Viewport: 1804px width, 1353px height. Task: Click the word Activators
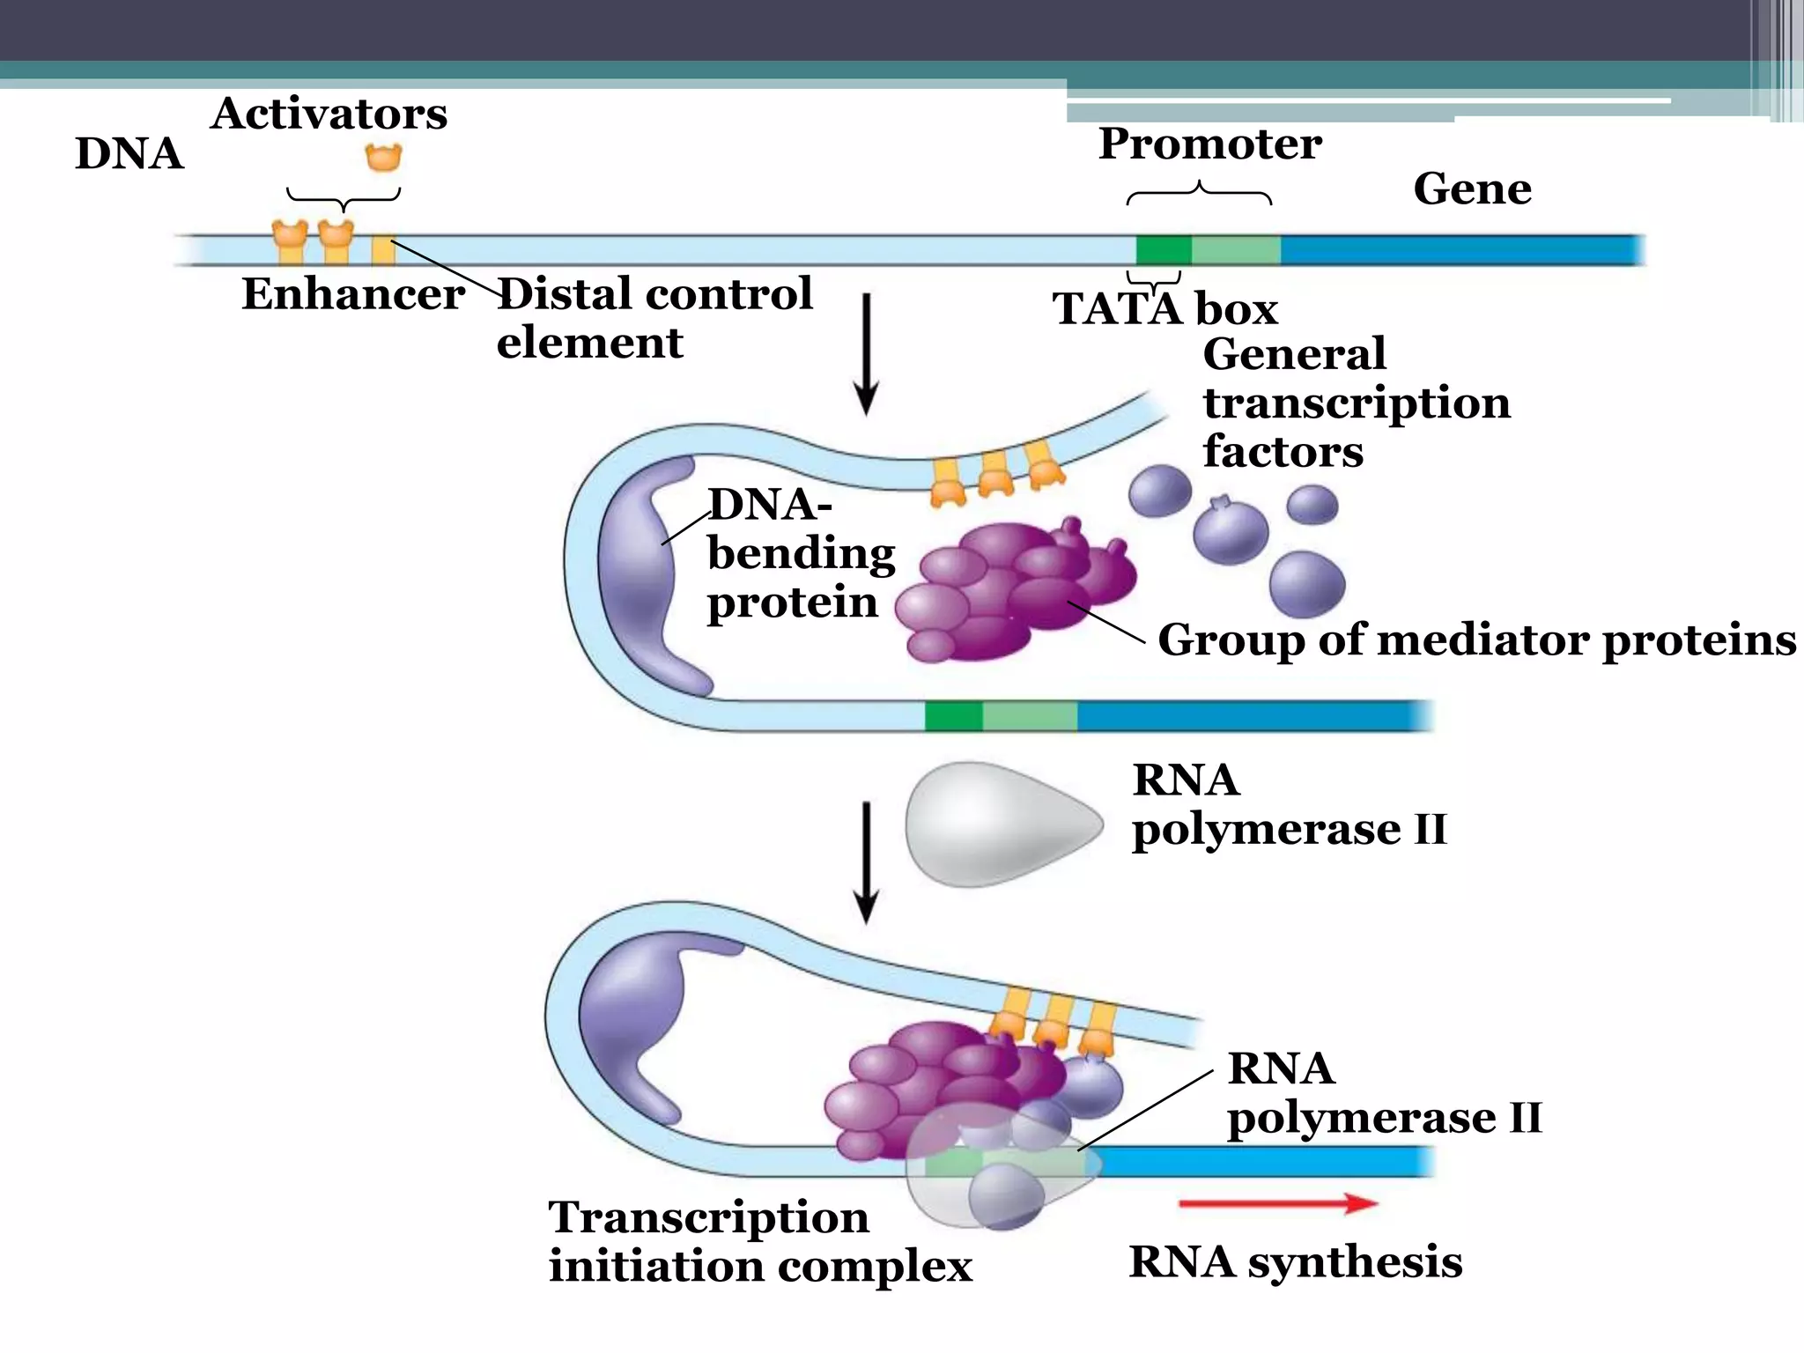pyautogui.click(x=329, y=114)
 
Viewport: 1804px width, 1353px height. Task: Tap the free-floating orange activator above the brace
pyautogui.click(x=383, y=158)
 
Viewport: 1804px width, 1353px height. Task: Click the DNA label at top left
pyautogui.click(x=129, y=154)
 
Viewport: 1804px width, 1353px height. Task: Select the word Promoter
pyautogui.click(x=1209, y=144)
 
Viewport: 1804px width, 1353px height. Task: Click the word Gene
pyautogui.click(x=1472, y=189)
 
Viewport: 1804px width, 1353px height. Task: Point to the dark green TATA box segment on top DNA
pyautogui.click(x=1163, y=250)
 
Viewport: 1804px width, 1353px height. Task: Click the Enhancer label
pyautogui.click(x=352, y=294)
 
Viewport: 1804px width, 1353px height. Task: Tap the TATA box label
pyautogui.click(x=1164, y=309)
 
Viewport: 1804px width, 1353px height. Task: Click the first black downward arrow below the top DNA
pyautogui.click(x=867, y=352)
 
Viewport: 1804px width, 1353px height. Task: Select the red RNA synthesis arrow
pyautogui.click(x=1277, y=1203)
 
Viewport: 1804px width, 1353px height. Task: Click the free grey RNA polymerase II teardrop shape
pyautogui.click(x=1000, y=824)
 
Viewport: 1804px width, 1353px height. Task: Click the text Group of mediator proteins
pyautogui.click(x=1476, y=640)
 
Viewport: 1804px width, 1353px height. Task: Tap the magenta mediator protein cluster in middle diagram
pyautogui.click(x=1013, y=590)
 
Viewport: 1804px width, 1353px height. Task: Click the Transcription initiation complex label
pyautogui.click(x=759, y=1242)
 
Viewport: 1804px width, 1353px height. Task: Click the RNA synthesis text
pyautogui.click(x=1295, y=1262)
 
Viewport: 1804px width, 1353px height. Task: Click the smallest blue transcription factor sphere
pyautogui.click(x=1312, y=505)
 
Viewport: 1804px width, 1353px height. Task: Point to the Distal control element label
pyautogui.click(x=654, y=317)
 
